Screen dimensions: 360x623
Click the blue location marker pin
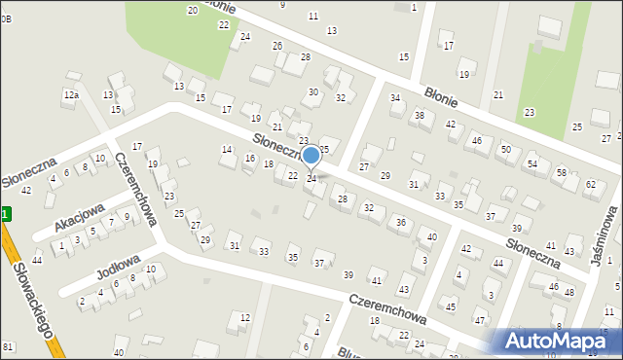[x=311, y=156]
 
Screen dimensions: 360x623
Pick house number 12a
[x=70, y=95]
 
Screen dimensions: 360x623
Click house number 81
[x=8, y=347]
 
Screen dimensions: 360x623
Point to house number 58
[x=562, y=172]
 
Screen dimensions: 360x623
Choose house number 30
[x=313, y=92]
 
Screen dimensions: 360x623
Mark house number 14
[x=227, y=150]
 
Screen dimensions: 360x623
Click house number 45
[x=451, y=306]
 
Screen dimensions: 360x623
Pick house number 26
[x=277, y=47]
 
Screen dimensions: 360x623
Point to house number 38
[x=420, y=116]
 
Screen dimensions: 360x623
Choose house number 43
[x=404, y=291]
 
